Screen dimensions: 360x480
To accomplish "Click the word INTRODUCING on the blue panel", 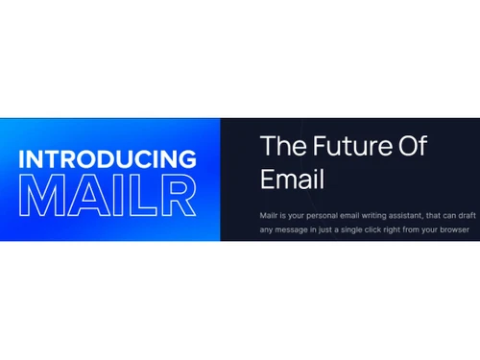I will (108, 159).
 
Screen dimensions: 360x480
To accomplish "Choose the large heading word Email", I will (294, 180).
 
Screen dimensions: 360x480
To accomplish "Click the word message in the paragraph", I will (295, 231).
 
